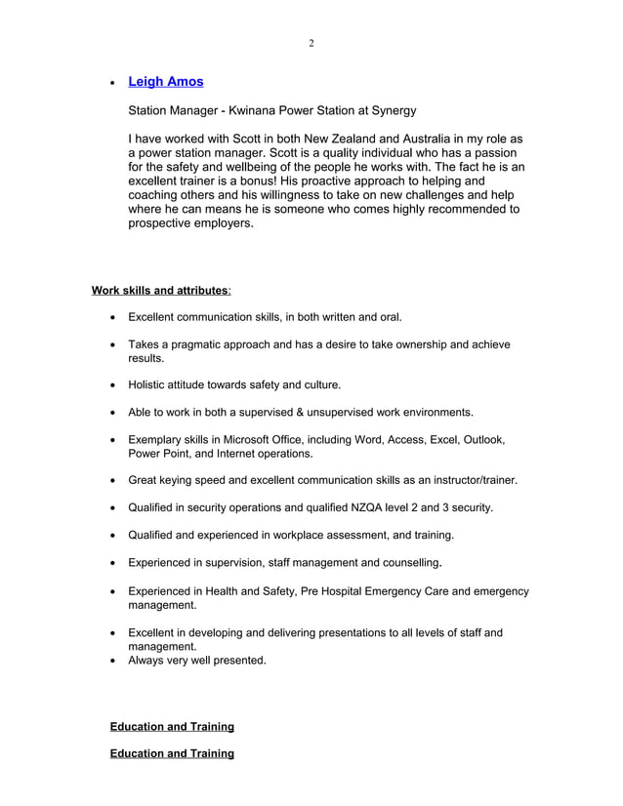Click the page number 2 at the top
click(311, 43)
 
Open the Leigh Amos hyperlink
click(166, 81)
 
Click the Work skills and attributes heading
click(161, 290)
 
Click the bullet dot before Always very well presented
click(116, 661)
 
